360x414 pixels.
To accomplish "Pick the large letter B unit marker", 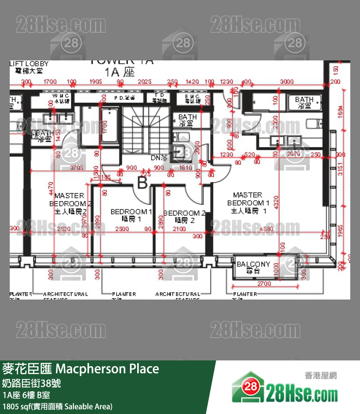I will (142, 183).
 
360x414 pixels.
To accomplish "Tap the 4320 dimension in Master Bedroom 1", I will (276, 203).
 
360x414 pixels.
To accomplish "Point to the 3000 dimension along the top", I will (287, 81).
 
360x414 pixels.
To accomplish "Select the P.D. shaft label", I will (122, 98).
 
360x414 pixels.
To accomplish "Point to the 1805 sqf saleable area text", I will (57, 406).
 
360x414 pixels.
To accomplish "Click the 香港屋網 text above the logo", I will (321, 376).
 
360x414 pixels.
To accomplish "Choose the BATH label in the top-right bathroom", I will (304, 102).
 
